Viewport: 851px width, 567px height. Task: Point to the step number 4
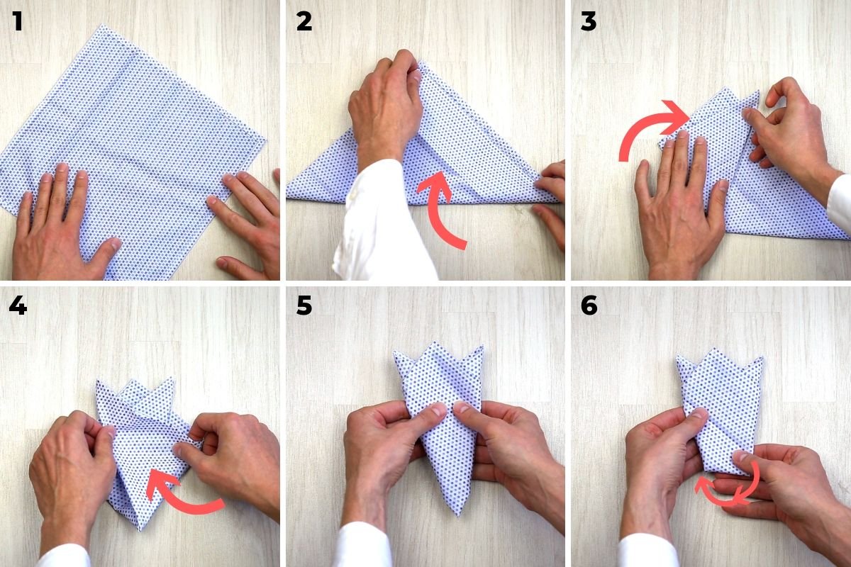(x=18, y=305)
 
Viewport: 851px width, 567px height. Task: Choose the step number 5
(x=304, y=305)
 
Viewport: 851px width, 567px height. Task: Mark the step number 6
(x=589, y=305)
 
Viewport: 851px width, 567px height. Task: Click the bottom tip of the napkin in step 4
(x=142, y=528)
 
